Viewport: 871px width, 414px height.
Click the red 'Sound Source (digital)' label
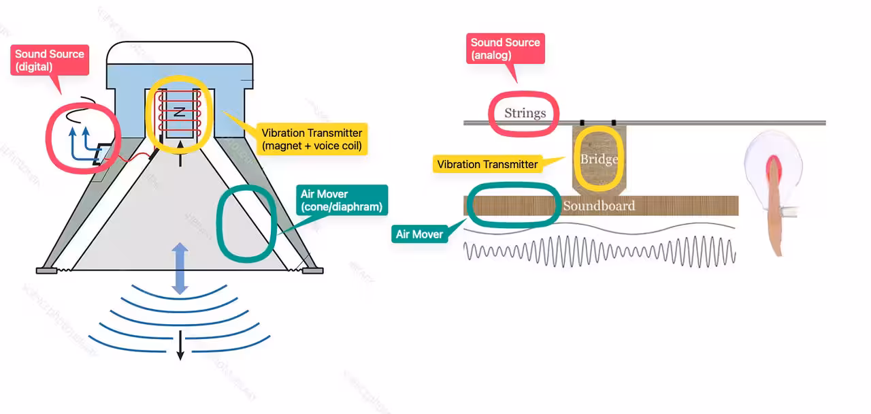(x=50, y=61)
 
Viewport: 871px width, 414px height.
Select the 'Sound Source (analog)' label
(x=506, y=48)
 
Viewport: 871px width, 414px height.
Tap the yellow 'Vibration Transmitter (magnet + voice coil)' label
(x=312, y=140)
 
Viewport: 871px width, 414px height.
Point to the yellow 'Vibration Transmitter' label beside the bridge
(x=487, y=164)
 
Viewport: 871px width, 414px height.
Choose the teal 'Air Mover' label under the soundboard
(x=419, y=234)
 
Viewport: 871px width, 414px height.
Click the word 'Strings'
(x=525, y=113)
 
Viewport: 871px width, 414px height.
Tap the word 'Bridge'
(x=599, y=159)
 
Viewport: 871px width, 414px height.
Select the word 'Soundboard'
(x=599, y=206)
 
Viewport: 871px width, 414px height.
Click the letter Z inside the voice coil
(x=179, y=112)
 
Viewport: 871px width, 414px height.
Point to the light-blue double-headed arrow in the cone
(x=180, y=269)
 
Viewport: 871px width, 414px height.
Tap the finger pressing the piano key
(x=776, y=204)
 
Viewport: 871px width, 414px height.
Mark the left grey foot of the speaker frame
(x=47, y=270)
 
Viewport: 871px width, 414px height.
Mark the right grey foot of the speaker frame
(x=312, y=270)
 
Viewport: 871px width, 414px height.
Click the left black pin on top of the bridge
(x=582, y=123)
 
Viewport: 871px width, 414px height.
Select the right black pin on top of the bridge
(x=614, y=123)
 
